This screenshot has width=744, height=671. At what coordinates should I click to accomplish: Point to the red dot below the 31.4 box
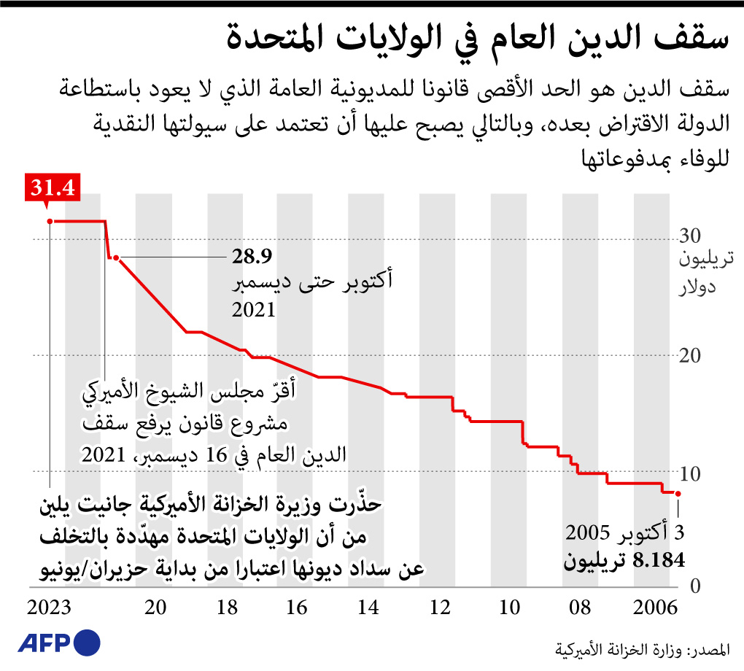49,220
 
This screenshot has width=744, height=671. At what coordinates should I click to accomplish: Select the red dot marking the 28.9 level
116,257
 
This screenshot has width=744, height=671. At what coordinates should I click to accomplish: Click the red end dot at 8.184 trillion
678,494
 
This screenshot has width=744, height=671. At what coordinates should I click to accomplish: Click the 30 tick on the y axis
690,236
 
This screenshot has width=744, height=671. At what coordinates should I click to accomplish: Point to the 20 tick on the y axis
690,355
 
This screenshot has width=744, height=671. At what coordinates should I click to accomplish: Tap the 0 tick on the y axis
694,586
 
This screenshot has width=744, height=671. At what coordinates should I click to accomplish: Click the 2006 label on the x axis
654,608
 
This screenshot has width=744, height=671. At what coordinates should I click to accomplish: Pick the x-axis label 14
368,608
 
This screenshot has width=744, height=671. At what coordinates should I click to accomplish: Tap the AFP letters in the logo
42,643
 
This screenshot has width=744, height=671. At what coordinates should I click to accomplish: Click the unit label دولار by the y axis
697,286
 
